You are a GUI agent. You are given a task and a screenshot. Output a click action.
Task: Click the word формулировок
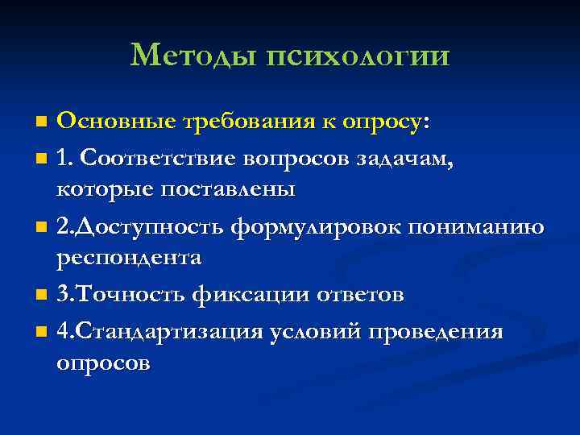[317, 226]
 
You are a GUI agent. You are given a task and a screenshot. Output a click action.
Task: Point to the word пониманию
[476, 226]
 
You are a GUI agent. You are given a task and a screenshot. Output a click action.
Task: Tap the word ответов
[354, 295]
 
